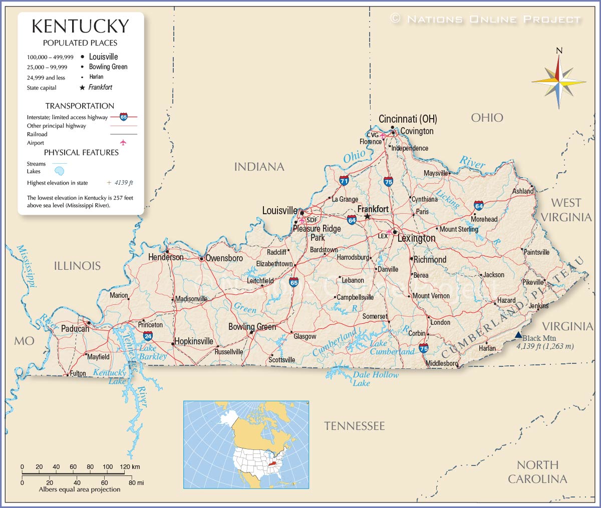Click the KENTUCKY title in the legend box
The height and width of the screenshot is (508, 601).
(x=80, y=26)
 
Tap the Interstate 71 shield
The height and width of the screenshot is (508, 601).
(x=344, y=181)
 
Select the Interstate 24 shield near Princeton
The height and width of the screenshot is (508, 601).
(x=148, y=336)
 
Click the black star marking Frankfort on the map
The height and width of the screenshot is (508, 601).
(x=367, y=216)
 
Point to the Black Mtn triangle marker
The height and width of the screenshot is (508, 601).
(x=518, y=335)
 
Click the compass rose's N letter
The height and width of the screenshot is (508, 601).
(x=559, y=50)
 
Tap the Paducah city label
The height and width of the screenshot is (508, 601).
(x=75, y=329)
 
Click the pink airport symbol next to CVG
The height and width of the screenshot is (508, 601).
(x=383, y=135)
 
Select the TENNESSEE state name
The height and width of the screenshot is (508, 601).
(x=354, y=426)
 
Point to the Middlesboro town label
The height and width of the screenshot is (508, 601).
(x=441, y=363)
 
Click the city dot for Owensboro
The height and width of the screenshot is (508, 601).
(x=201, y=259)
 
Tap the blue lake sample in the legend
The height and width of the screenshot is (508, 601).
(x=60, y=171)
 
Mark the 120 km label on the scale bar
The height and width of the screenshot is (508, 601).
(x=130, y=466)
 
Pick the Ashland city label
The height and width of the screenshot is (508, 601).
(x=522, y=191)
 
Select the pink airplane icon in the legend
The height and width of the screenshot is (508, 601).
(x=123, y=143)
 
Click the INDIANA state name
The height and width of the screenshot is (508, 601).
(x=259, y=167)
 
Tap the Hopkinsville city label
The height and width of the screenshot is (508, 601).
(x=194, y=341)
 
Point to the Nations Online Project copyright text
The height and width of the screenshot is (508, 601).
(x=486, y=20)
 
